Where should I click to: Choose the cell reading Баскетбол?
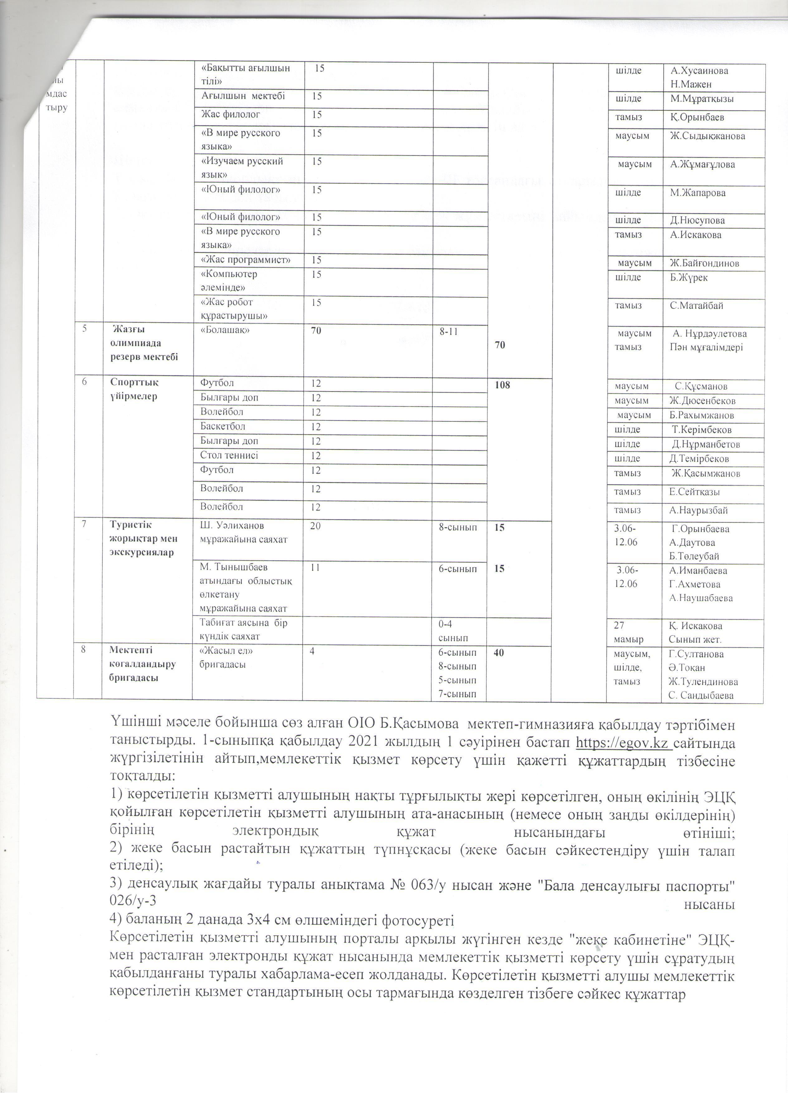click(223, 426)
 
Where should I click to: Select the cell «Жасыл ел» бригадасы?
click(227, 657)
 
